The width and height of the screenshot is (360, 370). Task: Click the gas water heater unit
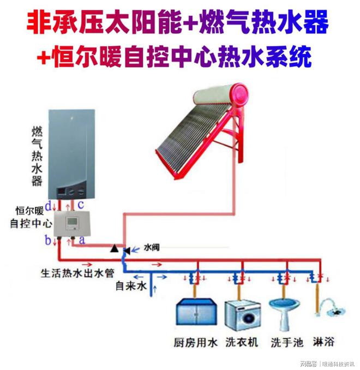coord(71,154)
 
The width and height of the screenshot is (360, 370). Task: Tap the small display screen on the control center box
coord(71,222)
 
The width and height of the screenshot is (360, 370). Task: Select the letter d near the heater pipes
coord(49,206)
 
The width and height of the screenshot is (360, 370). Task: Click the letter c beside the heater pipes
coord(81,205)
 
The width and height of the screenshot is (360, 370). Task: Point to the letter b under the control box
coord(48,241)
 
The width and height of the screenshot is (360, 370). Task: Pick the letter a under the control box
coord(82,240)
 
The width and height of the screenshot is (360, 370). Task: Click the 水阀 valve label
coord(152,248)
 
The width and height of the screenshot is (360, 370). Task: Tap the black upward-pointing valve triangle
coord(115,248)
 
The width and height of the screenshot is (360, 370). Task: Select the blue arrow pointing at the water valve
coord(135,249)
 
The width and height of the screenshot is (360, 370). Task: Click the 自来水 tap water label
coord(131,286)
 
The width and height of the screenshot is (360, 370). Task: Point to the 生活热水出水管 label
coord(77,273)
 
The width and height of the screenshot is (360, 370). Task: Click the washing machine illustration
coord(243,315)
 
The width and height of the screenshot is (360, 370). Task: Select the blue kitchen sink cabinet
coord(196,312)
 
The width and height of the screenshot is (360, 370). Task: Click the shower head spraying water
coord(334,307)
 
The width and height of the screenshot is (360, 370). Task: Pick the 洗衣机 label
coord(242,342)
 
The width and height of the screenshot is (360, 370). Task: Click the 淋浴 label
coord(323,342)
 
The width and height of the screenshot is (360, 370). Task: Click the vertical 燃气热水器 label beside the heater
coord(37,156)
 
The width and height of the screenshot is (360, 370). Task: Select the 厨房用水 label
coord(195,343)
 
